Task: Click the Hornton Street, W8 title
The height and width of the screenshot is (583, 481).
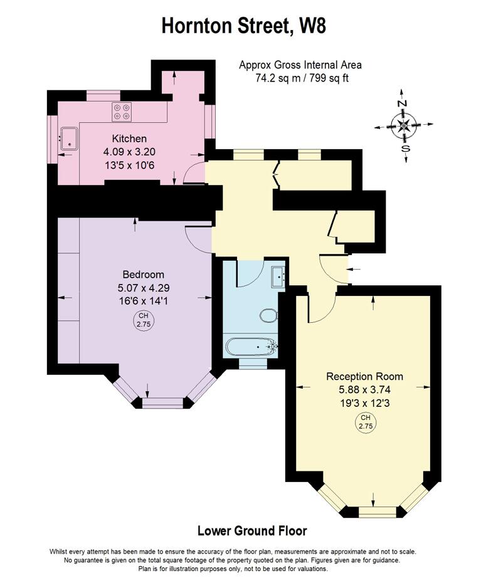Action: tap(244, 26)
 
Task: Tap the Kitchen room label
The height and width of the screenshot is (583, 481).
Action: tap(129, 139)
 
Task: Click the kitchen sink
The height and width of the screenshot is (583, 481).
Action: tap(69, 139)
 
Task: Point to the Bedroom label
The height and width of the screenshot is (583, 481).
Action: tap(143, 275)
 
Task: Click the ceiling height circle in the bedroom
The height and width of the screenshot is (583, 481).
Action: tap(143, 320)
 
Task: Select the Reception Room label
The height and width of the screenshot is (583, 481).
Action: tap(364, 376)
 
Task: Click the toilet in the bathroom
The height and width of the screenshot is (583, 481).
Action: tap(268, 315)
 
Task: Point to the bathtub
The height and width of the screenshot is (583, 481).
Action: tap(251, 347)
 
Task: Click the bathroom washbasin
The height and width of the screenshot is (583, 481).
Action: tap(278, 276)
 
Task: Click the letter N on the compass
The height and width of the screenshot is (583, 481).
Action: tap(402, 103)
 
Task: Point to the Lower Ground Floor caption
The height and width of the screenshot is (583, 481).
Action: tap(252, 530)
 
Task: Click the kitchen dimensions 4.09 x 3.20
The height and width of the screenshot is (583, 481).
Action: tap(129, 152)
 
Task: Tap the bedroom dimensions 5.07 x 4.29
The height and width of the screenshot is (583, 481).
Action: tap(143, 288)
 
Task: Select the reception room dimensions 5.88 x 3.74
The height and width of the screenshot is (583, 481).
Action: tap(364, 390)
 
